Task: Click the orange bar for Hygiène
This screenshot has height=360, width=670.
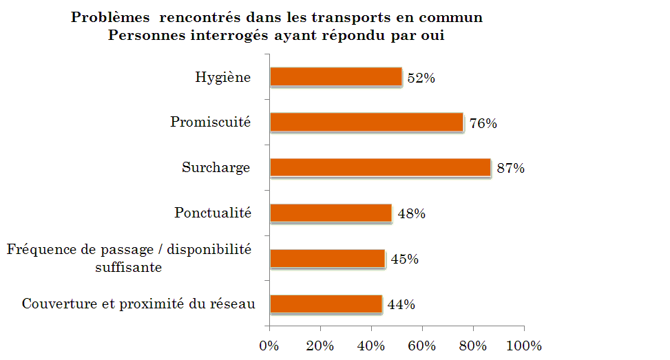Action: click(x=336, y=77)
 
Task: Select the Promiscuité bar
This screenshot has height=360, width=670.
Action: click(x=367, y=122)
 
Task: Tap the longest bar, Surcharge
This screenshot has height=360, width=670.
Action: click(x=381, y=167)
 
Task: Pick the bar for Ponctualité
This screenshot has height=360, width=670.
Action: click(x=331, y=213)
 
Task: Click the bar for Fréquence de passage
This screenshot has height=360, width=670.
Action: click(x=328, y=258)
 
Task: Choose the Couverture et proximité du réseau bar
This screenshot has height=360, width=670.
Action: click(x=326, y=304)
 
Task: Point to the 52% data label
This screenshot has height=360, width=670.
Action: click(x=421, y=78)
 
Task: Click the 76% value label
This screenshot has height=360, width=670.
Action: click(x=483, y=123)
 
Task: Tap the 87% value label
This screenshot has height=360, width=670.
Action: click(x=511, y=168)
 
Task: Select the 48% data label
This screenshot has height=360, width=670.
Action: click(x=412, y=213)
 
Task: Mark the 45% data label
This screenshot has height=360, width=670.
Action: click(x=405, y=260)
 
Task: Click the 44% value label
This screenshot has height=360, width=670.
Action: click(x=401, y=304)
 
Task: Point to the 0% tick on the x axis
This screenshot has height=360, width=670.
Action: click(x=269, y=346)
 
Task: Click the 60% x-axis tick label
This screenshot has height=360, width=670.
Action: click(x=421, y=346)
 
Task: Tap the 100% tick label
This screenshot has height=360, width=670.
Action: click(x=524, y=346)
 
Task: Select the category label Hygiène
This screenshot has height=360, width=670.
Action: click(x=223, y=77)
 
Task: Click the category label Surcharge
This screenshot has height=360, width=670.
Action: click(x=216, y=167)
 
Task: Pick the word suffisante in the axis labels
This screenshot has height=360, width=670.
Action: click(x=129, y=267)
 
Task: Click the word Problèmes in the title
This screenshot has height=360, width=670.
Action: click(x=110, y=17)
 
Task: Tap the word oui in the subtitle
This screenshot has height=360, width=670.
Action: click(x=433, y=35)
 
